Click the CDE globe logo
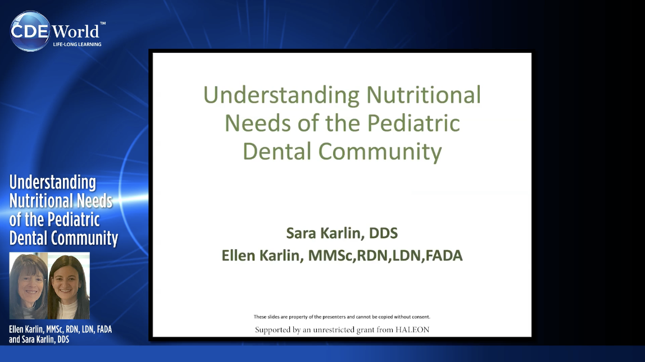click(x=30, y=31)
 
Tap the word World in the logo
click(x=76, y=31)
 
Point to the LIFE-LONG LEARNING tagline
click(x=77, y=44)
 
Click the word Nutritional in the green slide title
click(x=423, y=95)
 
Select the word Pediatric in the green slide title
click(x=414, y=123)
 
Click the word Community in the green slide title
click(x=380, y=152)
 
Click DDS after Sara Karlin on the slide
click(x=383, y=233)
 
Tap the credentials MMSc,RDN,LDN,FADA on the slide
click(x=385, y=256)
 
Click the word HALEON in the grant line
click(x=412, y=329)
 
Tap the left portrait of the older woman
click(x=29, y=286)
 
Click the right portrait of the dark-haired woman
click(x=69, y=286)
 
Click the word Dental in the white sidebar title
click(x=26, y=238)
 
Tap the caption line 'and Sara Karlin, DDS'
click(x=39, y=340)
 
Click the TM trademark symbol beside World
click(x=103, y=24)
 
